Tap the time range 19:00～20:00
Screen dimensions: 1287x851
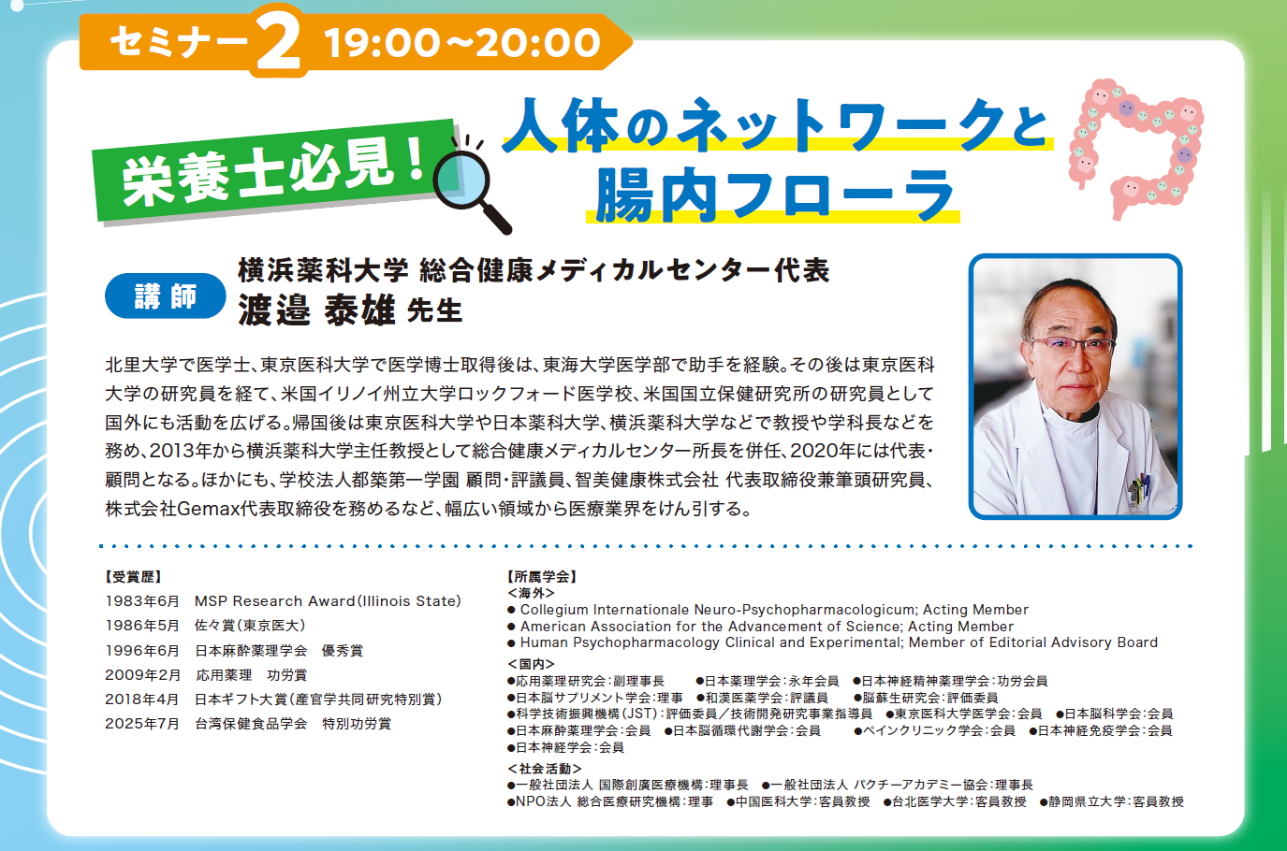462,42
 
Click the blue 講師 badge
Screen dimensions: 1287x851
166,296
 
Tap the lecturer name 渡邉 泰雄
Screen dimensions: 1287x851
316,310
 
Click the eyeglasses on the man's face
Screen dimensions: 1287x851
1073,346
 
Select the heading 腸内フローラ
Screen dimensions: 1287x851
773,195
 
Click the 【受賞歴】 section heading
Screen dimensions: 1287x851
133,577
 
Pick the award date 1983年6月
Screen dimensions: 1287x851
142,601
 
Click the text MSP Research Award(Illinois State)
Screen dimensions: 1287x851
329,601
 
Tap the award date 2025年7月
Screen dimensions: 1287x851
142,724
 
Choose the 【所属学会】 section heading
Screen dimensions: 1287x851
542,576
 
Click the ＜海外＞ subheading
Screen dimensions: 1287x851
531,593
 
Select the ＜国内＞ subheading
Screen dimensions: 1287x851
531,664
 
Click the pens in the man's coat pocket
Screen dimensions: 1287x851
1139,489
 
